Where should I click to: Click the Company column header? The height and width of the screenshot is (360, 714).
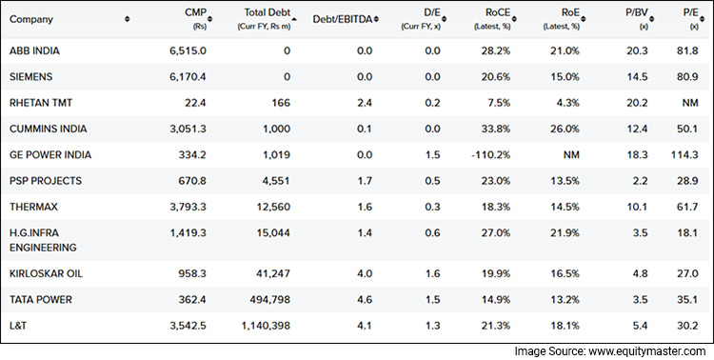click(x=31, y=19)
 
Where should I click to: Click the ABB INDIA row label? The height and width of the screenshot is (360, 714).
click(x=37, y=50)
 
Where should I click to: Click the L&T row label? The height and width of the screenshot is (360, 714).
click(x=18, y=325)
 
